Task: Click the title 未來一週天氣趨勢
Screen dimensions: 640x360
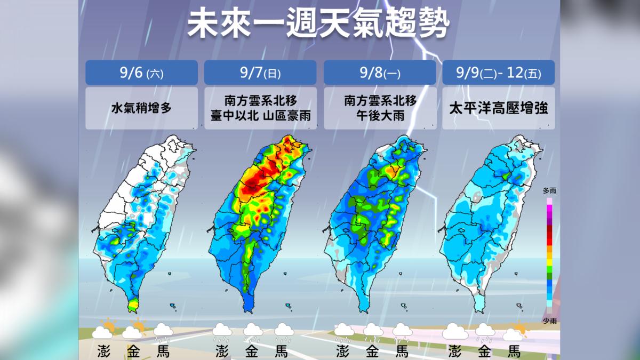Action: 319,24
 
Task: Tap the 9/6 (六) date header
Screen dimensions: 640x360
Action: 141,73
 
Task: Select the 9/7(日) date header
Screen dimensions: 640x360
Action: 260,73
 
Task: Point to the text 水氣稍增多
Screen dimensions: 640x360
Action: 141,108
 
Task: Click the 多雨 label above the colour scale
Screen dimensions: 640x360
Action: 549,190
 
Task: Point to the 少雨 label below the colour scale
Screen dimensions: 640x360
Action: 549,320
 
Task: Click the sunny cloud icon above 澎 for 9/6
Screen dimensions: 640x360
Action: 103,330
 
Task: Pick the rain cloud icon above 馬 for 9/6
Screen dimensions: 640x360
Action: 163,332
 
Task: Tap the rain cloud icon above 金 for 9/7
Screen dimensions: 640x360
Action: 252,332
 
